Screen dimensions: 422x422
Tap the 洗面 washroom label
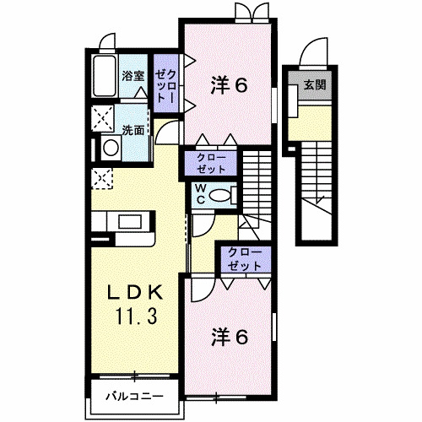133,130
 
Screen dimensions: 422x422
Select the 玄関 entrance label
316,84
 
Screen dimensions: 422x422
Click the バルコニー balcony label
133,395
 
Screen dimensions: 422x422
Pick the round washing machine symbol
111,148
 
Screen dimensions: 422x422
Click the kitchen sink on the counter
132,223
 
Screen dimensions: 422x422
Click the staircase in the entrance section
320,181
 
